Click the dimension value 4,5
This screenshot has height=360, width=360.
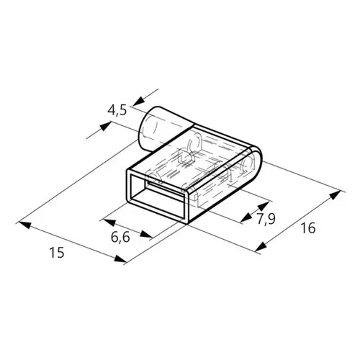(117, 111)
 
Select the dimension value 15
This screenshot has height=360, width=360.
(57, 253)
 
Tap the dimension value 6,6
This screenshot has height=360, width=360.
(120, 237)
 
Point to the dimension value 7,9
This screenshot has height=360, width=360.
(266, 219)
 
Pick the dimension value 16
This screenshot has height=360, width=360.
(308, 228)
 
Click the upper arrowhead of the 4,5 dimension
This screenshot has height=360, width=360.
(138, 102)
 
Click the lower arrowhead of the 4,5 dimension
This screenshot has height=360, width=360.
(105, 126)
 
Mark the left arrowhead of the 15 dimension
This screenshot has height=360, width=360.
(24, 225)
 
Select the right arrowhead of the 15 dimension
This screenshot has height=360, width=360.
(120, 258)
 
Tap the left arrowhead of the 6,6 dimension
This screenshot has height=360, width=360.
(109, 222)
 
